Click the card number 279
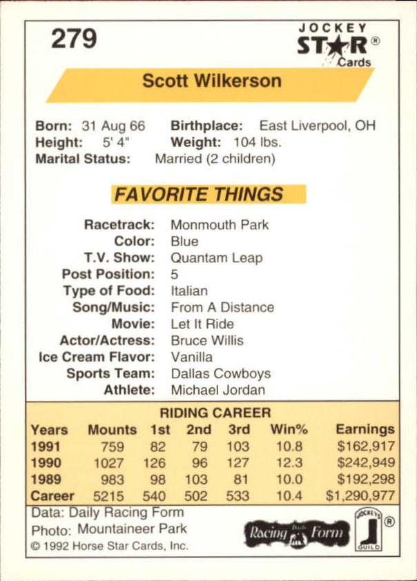[74, 40]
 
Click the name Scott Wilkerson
[212, 81]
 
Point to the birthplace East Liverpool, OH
[317, 126]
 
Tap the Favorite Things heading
[199, 195]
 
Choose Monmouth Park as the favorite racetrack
[220, 225]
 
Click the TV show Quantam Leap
[216, 258]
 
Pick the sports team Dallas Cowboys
[220, 374]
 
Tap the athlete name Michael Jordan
[217, 391]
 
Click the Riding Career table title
[215, 413]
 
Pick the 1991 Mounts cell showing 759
[111, 446]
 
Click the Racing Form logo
[294, 533]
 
